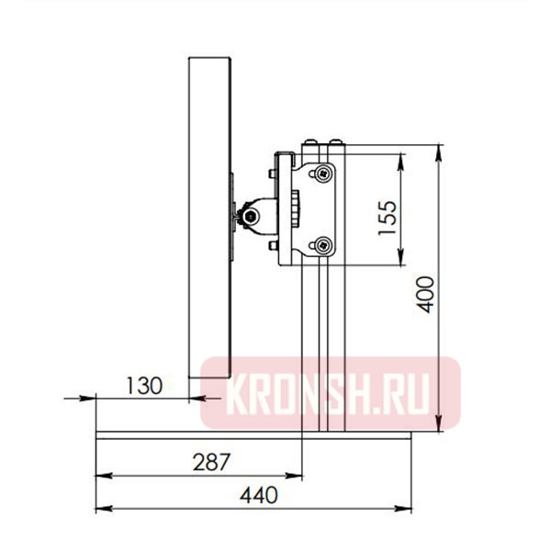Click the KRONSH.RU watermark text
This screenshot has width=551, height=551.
point(331,392)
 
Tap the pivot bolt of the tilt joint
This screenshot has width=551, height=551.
point(250,217)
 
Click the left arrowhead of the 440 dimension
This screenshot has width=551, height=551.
point(102,508)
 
